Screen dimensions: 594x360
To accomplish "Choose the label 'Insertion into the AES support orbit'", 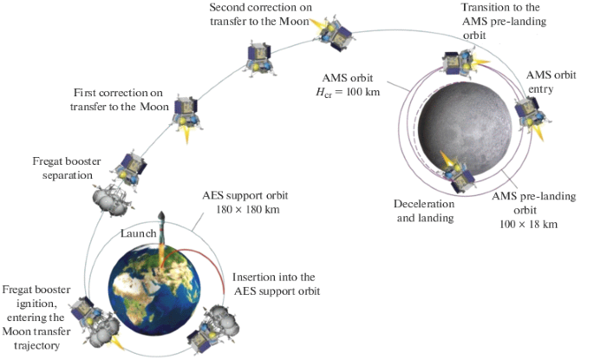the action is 276,283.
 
